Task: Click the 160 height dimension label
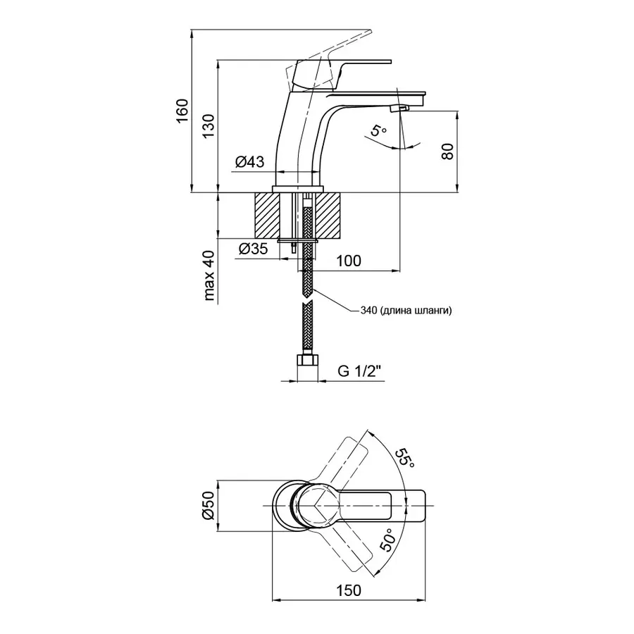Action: coord(182,111)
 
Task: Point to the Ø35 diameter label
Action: coord(253,249)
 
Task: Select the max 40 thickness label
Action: coord(209,275)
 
